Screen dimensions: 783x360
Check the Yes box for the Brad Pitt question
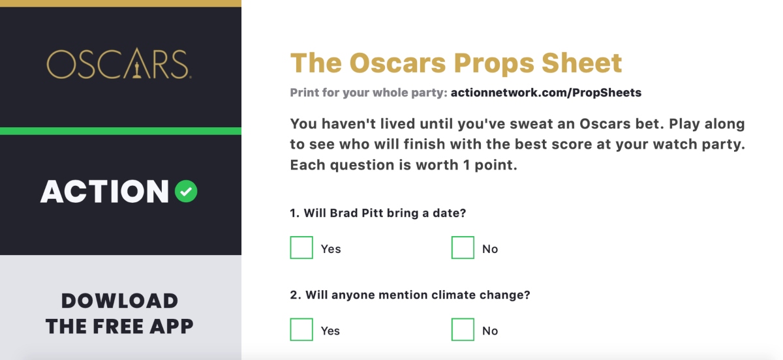click(301, 247)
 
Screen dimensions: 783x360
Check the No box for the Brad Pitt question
click(463, 247)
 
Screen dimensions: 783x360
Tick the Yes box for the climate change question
click(301, 329)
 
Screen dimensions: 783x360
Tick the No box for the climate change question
click(463, 329)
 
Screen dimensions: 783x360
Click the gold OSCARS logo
click(119, 64)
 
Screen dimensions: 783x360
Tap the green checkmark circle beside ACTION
click(186, 191)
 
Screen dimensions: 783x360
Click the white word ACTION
click(105, 191)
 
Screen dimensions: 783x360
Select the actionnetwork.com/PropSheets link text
click(546, 93)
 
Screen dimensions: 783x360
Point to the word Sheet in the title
click(582, 63)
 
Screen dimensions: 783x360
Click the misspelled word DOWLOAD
click(119, 301)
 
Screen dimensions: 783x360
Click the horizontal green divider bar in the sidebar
click(121, 131)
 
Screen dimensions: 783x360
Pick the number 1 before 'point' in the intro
click(467, 165)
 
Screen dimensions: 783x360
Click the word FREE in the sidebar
click(118, 327)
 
